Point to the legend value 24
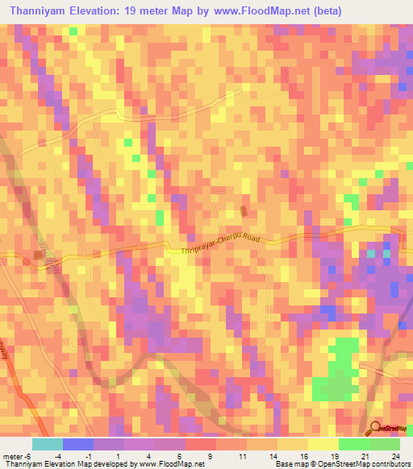coord(394,457)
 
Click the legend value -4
coord(57,457)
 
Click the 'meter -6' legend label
coord(16,457)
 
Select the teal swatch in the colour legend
coord(47,444)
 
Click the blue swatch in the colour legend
coord(77,444)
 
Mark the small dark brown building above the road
coord(244,211)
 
